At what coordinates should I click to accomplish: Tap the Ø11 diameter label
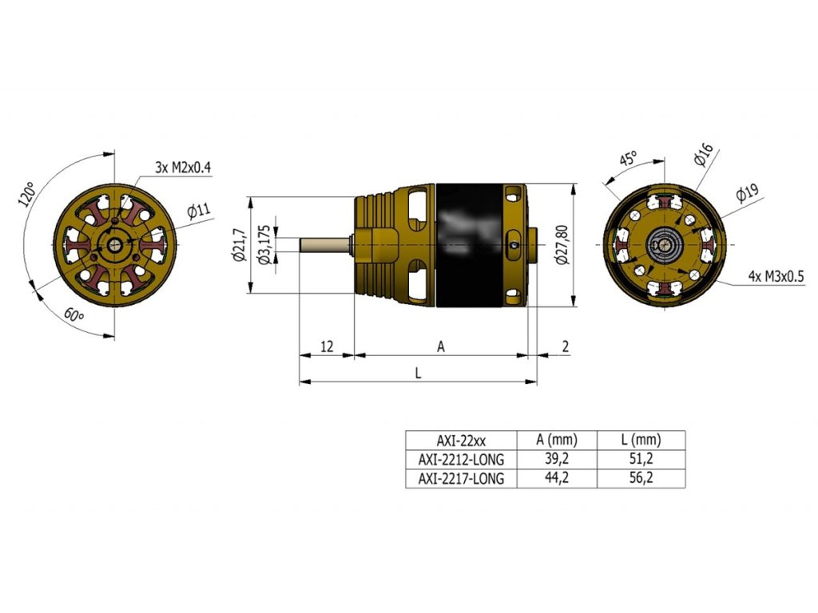pos(198,212)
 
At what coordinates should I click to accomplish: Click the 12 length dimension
pos(326,346)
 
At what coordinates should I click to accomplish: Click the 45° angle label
pos(629,159)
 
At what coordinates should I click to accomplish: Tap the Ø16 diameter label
pos(704,155)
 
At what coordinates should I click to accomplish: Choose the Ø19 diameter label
pos(746,193)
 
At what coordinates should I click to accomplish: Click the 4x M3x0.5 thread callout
pos(776,275)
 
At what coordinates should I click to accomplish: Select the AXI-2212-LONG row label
pos(461,459)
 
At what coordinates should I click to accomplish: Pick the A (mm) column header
pos(557,440)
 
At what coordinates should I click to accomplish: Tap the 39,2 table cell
pos(557,459)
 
